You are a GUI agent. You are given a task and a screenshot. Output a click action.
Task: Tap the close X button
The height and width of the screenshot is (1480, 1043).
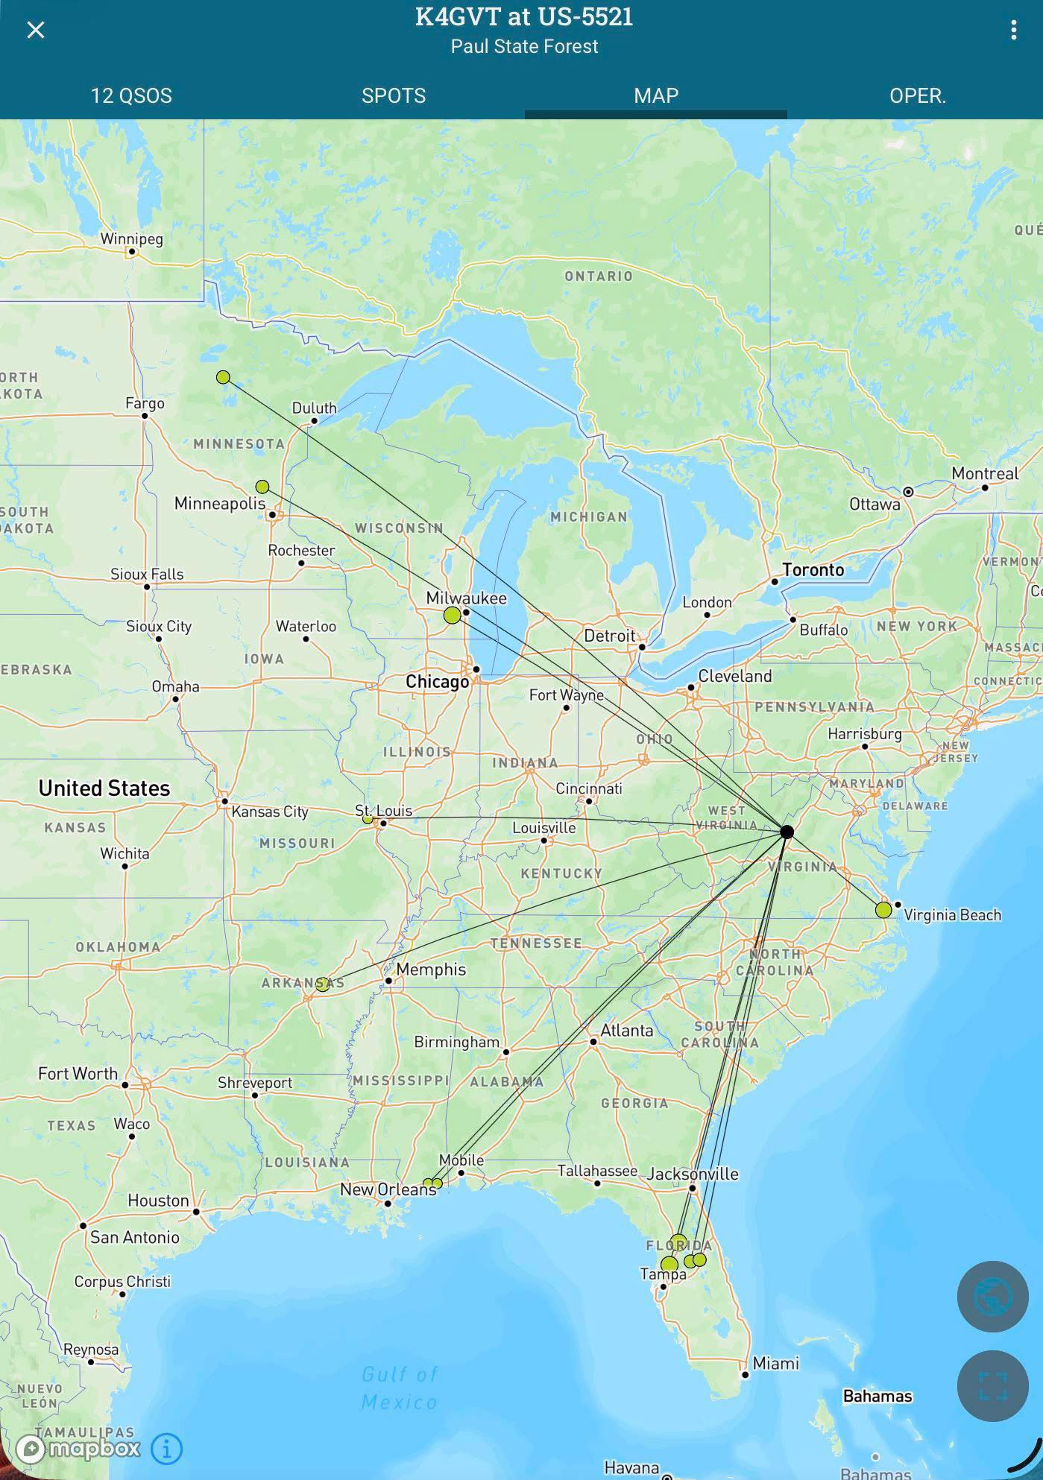click(x=35, y=30)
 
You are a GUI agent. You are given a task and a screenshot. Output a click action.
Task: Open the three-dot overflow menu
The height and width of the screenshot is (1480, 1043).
click(x=1013, y=30)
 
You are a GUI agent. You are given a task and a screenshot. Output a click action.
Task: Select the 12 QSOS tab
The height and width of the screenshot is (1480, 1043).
click(x=131, y=95)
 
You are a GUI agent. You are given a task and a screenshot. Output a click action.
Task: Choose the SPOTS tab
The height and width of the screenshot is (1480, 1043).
click(x=394, y=95)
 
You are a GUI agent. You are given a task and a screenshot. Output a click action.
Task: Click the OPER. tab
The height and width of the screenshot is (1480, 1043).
click(x=917, y=95)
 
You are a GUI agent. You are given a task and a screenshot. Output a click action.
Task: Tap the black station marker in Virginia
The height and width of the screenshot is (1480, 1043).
click(x=787, y=832)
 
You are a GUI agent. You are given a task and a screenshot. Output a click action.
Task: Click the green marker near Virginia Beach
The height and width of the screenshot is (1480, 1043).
click(x=883, y=910)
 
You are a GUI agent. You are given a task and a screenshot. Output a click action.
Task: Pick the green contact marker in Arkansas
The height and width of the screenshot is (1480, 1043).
click(x=322, y=984)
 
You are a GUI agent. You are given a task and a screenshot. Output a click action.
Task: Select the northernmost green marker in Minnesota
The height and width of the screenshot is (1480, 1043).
click(x=223, y=377)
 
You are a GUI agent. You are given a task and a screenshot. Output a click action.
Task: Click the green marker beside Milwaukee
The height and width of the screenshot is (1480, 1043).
click(x=452, y=616)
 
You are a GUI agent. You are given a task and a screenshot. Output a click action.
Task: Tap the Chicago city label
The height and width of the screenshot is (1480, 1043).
click(x=437, y=682)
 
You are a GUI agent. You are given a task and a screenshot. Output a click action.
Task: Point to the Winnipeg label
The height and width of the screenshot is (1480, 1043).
click(x=131, y=239)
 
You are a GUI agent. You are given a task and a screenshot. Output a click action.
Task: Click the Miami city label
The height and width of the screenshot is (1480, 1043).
click(x=775, y=1363)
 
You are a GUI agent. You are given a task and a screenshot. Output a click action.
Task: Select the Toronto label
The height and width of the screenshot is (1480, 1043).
click(x=813, y=570)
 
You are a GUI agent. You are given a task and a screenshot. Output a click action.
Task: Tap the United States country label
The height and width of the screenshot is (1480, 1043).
click(x=104, y=788)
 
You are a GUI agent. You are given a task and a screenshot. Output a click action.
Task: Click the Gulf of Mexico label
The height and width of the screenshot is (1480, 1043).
click(x=400, y=1388)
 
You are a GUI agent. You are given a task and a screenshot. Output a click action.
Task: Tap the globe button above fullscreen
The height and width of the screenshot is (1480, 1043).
click(x=992, y=1297)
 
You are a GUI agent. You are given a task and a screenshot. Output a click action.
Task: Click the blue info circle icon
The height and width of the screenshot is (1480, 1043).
click(x=166, y=1449)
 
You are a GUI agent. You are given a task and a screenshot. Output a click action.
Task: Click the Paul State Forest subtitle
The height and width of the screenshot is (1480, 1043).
click(x=524, y=46)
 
